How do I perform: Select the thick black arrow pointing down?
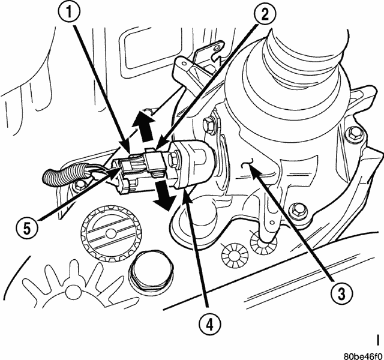pyautogui.click(x=161, y=197)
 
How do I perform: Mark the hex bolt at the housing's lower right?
pyautogui.click(x=297, y=211)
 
